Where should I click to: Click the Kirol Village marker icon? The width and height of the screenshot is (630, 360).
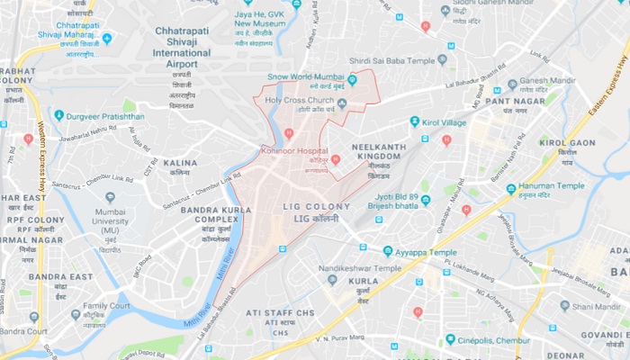[414, 121]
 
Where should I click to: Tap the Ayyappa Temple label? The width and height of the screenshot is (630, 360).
[424, 253]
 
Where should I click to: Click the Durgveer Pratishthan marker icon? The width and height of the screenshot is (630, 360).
[58, 115]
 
